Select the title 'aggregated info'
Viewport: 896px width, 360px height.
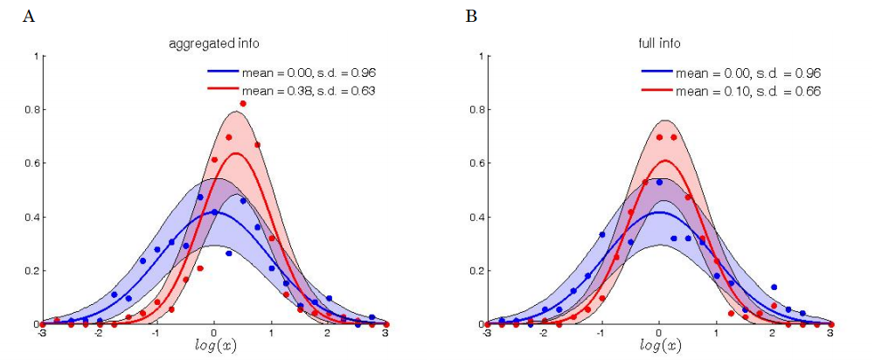pyautogui.click(x=213, y=42)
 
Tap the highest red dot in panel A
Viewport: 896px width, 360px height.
pyautogui.click(x=243, y=104)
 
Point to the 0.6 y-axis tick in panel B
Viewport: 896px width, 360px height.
pyautogui.click(x=476, y=163)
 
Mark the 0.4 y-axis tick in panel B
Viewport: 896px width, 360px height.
pyautogui.click(x=476, y=218)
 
